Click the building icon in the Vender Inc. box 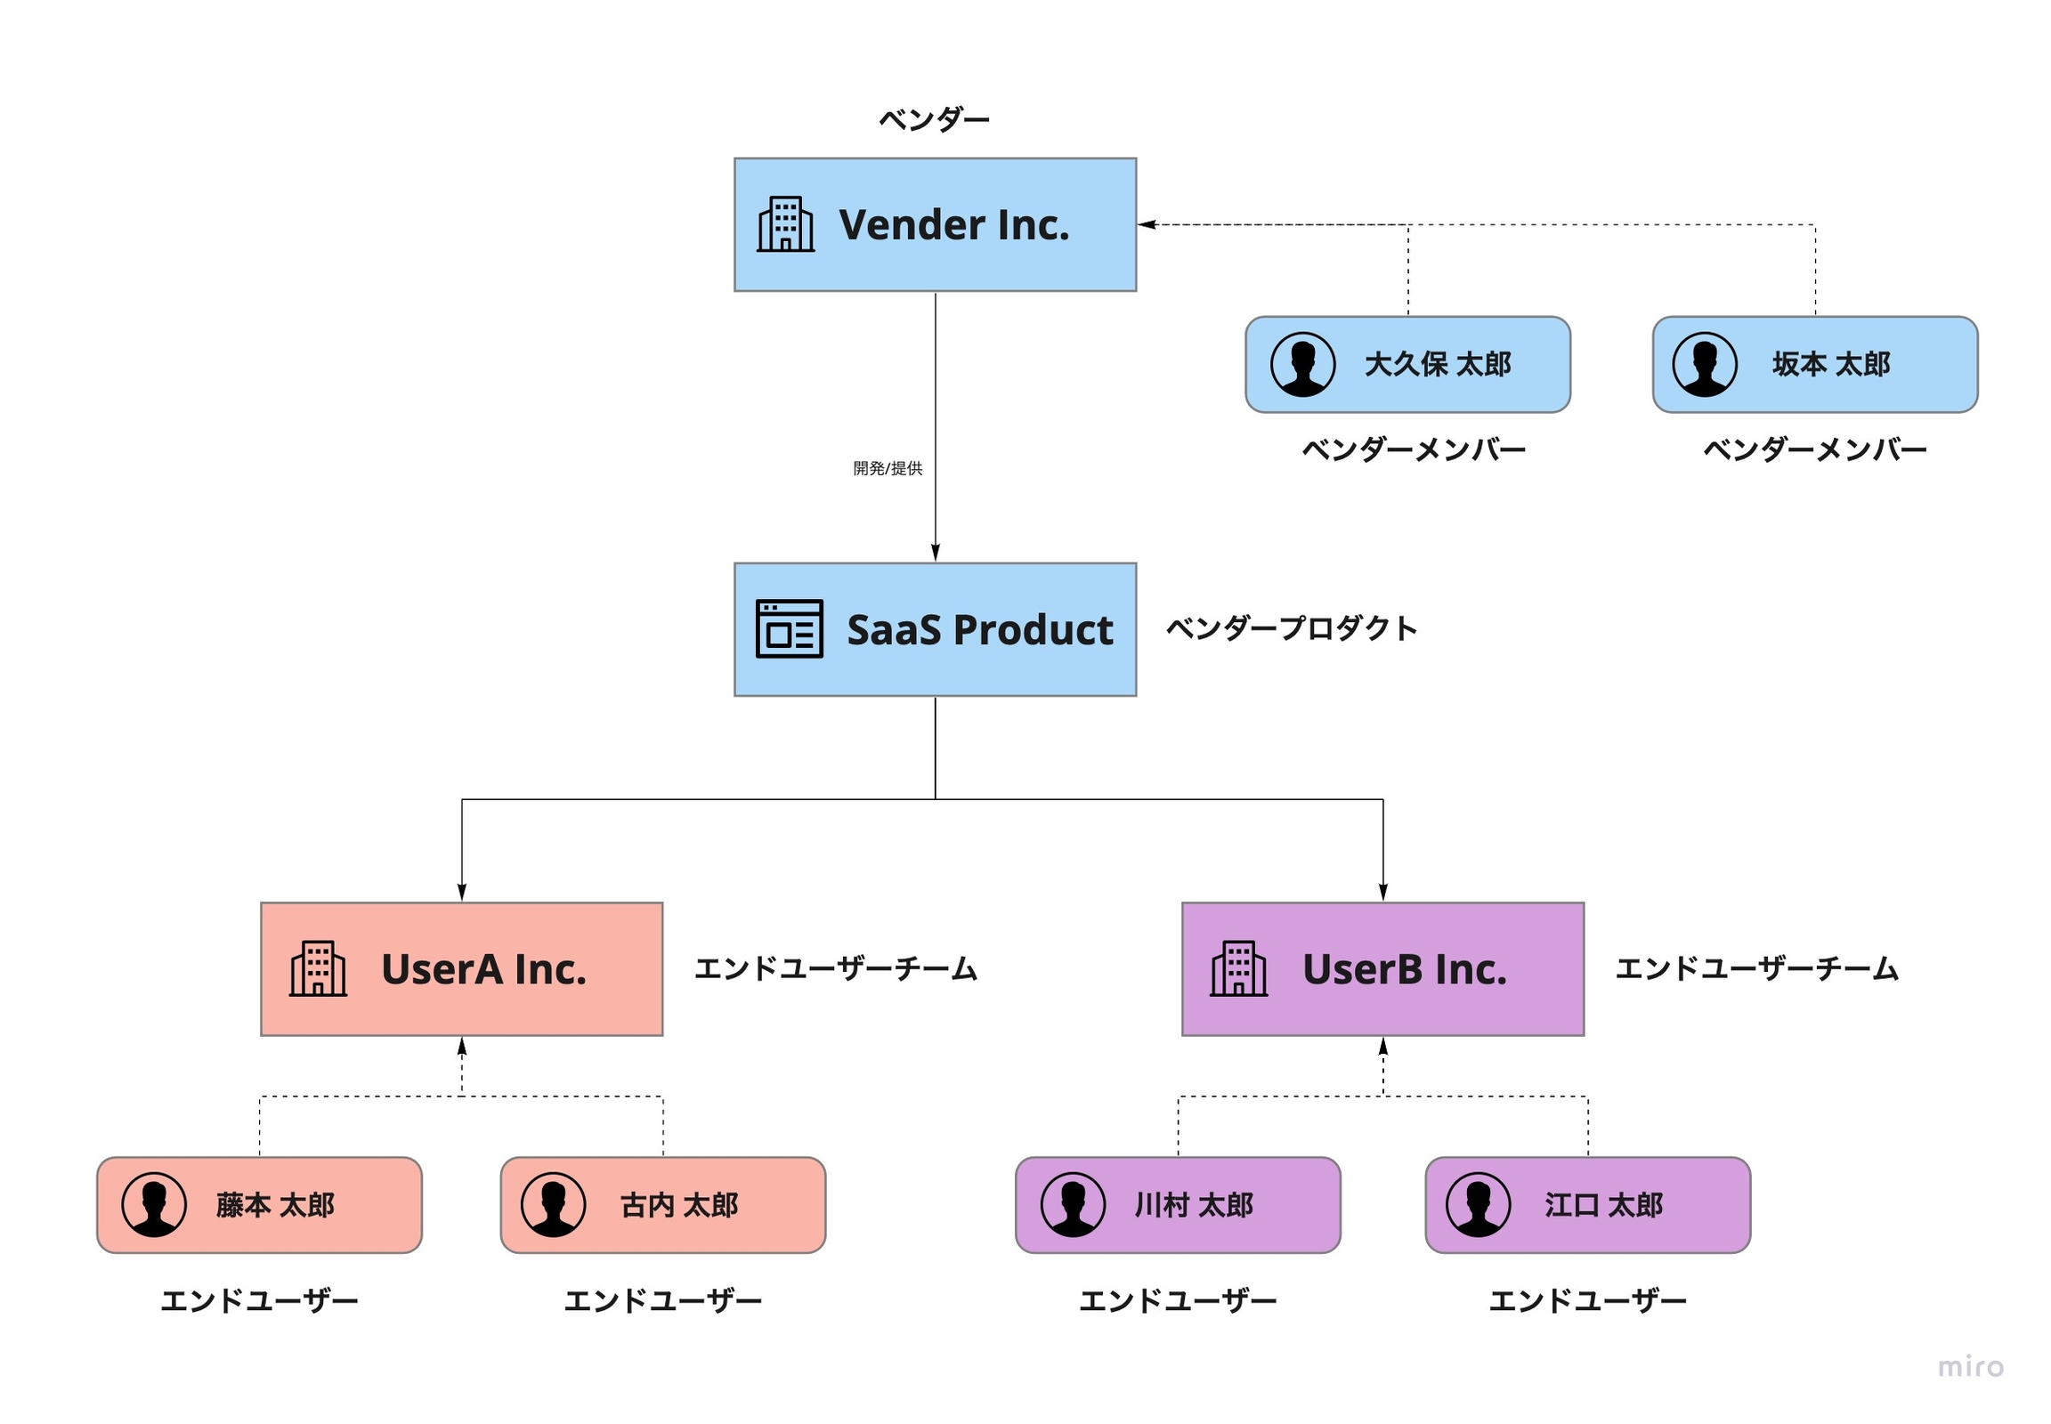[x=784, y=224]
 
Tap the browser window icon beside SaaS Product [x=788, y=628]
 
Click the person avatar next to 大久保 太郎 [x=1302, y=364]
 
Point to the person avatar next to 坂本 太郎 [x=1704, y=364]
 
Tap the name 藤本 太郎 [x=275, y=1205]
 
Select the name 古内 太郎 [x=679, y=1205]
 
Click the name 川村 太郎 [x=1193, y=1205]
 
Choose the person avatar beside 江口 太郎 [x=1478, y=1204]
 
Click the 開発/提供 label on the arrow [x=888, y=468]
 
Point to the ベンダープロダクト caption [x=1291, y=628]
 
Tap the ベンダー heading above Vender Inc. [x=934, y=119]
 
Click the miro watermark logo [x=1971, y=1367]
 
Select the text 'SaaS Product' [x=979, y=629]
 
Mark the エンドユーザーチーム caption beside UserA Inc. [x=835, y=969]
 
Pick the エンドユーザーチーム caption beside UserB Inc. [x=1756, y=969]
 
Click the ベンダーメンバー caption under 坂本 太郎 [x=1814, y=449]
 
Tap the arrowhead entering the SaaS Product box [x=935, y=553]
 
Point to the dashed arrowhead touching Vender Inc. [x=1147, y=225]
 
